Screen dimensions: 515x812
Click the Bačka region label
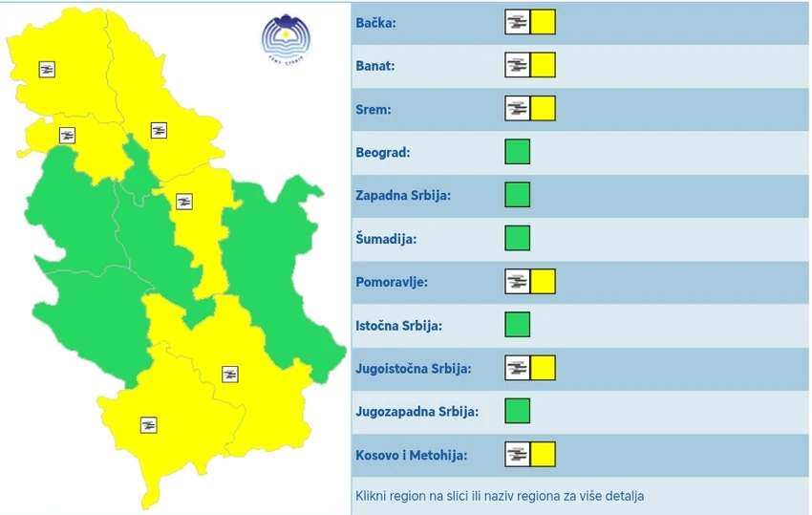pyautogui.click(x=374, y=23)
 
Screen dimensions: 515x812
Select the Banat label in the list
pyautogui.click(x=374, y=66)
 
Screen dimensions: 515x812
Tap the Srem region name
pyautogui.click(x=373, y=109)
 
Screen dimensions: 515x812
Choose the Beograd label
pyautogui.click(x=382, y=152)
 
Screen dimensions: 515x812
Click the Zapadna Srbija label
pyautogui.click(x=402, y=195)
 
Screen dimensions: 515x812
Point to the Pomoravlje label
pyautogui.click(x=391, y=282)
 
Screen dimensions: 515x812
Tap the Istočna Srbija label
pyautogui.click(x=398, y=325)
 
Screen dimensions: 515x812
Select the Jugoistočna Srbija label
pyautogui.click(x=414, y=368)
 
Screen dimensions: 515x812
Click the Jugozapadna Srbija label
pyautogui.click(x=417, y=411)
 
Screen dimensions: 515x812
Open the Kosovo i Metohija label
pyautogui.click(x=411, y=455)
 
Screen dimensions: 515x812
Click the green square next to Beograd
pyautogui.click(x=517, y=152)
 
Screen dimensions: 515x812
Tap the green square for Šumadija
pyautogui.click(x=517, y=238)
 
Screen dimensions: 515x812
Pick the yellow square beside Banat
pyautogui.click(x=543, y=66)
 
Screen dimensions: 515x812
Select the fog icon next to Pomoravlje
pyautogui.click(x=517, y=282)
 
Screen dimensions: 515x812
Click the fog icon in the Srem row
pyautogui.click(x=517, y=109)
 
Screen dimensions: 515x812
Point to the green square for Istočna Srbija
pyautogui.click(x=517, y=325)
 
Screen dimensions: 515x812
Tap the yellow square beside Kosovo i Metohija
pyautogui.click(x=543, y=454)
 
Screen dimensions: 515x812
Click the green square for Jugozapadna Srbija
pyautogui.click(x=517, y=411)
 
